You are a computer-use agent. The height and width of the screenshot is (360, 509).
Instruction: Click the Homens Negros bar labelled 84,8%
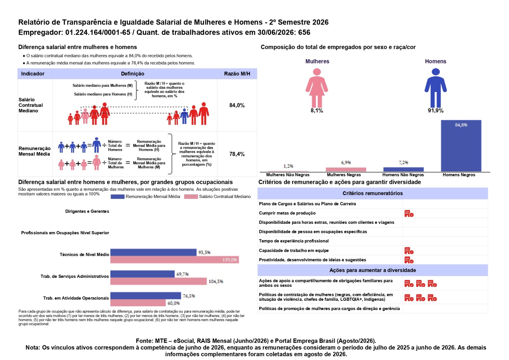click(x=461, y=146)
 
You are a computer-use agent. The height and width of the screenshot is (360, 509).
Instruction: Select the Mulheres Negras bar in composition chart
click(x=345, y=170)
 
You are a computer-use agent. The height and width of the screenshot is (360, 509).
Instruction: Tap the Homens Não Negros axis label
click(x=403, y=175)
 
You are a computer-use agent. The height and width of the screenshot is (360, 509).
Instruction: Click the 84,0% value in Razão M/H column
click(x=237, y=105)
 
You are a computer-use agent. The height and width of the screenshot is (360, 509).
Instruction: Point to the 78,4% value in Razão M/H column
click(x=237, y=154)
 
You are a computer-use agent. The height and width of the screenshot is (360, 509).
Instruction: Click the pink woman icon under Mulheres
click(x=317, y=88)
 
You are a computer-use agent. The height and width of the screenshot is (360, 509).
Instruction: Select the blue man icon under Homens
click(x=436, y=88)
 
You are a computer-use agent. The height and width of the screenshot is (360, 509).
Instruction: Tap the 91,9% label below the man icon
click(x=436, y=111)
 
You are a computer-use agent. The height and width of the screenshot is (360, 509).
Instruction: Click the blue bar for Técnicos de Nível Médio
click(x=153, y=252)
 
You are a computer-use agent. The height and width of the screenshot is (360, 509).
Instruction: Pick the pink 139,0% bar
click(x=175, y=259)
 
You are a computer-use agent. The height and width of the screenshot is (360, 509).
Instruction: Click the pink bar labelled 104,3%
click(x=159, y=281)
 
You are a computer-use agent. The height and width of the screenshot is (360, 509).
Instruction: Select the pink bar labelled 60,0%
click(x=138, y=303)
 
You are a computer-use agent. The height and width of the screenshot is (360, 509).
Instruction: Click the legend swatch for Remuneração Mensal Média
click(x=117, y=197)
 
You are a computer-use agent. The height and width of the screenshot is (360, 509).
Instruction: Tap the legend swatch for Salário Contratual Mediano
click(x=191, y=197)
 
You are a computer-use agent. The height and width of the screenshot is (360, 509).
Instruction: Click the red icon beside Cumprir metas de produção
click(x=409, y=214)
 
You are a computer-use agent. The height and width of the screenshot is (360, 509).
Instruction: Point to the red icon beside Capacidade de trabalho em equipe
click(x=409, y=251)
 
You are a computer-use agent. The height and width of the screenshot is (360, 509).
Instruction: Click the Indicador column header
click(x=33, y=74)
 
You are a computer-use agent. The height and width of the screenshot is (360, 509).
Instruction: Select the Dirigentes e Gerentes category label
click(x=87, y=211)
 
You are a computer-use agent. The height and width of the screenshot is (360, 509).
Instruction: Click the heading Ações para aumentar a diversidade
click(x=373, y=270)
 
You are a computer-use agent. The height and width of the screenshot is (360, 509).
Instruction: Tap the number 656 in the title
click(x=304, y=32)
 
